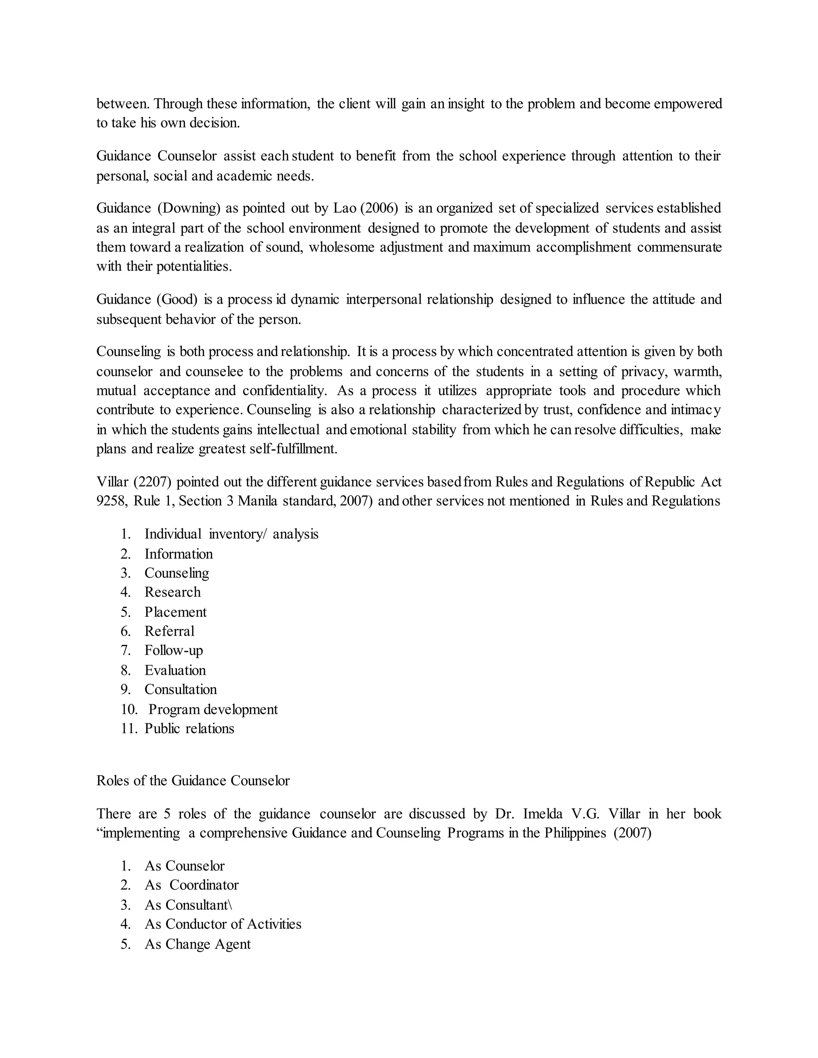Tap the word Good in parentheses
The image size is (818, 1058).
pyautogui.click(x=177, y=300)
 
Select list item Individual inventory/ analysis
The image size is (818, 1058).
pyautogui.click(x=231, y=534)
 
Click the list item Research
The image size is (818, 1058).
pyautogui.click(x=172, y=592)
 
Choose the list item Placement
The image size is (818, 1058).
pyautogui.click(x=175, y=612)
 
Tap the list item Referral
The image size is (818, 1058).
pyautogui.click(x=169, y=631)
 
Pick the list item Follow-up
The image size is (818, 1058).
pyautogui.click(x=173, y=651)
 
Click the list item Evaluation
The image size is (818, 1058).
pyautogui.click(x=175, y=670)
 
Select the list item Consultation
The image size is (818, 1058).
pyautogui.click(x=180, y=689)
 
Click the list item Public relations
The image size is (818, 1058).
pyautogui.click(x=189, y=729)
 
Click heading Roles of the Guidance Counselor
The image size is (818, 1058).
pyautogui.click(x=193, y=781)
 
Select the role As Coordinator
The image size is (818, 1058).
pyautogui.click(x=191, y=885)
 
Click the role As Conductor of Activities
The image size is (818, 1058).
pyautogui.click(x=223, y=924)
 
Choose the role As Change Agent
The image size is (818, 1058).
pyautogui.click(x=197, y=944)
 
